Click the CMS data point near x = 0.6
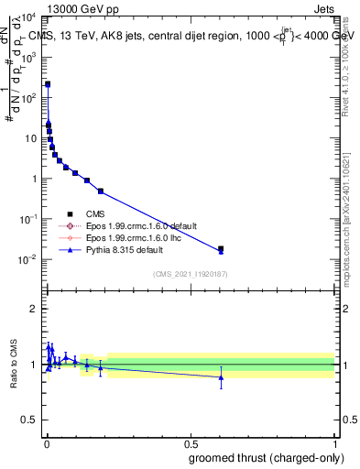tap(221, 248)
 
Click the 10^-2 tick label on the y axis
tap(27, 259)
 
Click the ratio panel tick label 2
tap(34, 309)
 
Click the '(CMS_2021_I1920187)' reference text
tap(190, 274)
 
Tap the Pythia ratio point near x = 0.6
tap(221, 376)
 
